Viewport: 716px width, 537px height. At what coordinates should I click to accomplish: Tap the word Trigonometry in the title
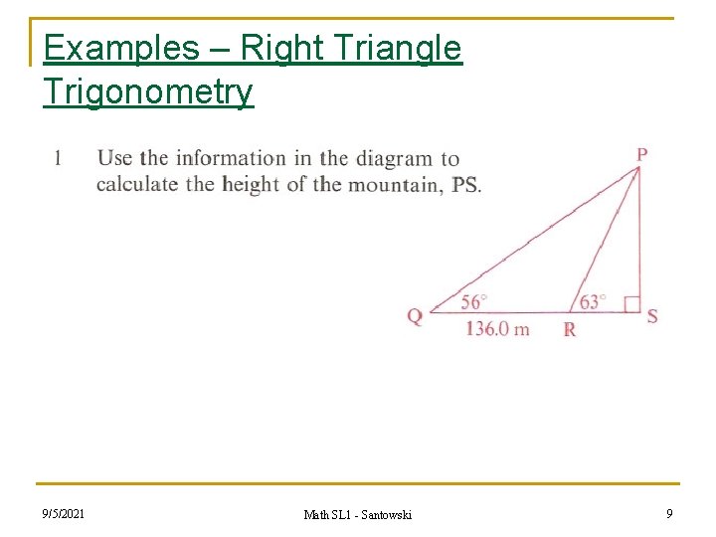click(148, 91)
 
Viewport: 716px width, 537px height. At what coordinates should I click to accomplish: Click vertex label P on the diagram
click(642, 154)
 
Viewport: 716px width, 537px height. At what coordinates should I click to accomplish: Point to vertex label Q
click(415, 317)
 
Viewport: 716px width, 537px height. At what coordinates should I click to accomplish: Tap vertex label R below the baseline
click(570, 330)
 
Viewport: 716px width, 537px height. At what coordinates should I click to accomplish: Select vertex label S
click(652, 317)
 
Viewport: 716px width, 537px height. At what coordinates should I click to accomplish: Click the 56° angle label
click(474, 301)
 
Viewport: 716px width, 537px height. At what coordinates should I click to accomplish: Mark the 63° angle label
click(592, 301)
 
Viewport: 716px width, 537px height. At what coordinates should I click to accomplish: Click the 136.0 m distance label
click(497, 329)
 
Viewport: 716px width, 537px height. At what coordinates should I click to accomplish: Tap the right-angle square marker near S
click(631, 303)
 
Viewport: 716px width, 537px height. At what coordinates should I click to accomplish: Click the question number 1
click(59, 158)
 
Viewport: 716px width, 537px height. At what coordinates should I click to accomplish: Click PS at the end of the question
click(464, 185)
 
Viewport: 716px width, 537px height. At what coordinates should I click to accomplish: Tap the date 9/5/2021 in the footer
click(63, 513)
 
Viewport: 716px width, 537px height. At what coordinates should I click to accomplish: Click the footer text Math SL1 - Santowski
click(358, 514)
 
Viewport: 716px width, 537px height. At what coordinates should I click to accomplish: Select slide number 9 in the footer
click(669, 513)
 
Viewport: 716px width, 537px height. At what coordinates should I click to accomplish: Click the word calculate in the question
click(137, 184)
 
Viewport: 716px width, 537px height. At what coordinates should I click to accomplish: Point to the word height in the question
click(250, 184)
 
